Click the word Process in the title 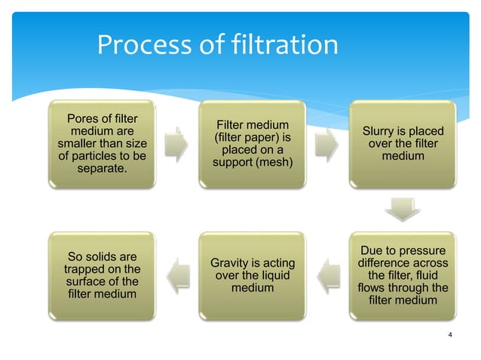[142, 47]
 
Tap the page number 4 [449, 335]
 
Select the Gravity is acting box [252, 274]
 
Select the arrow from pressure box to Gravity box [327, 273]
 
